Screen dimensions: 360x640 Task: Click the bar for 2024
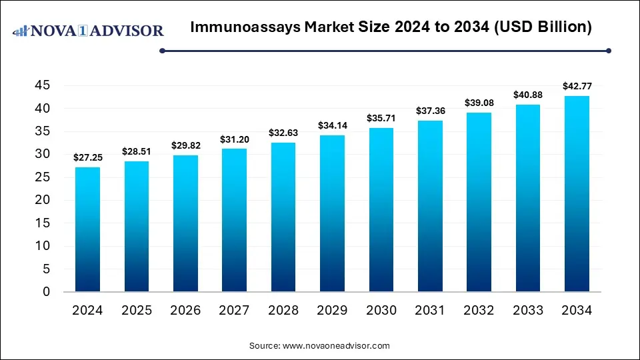[87, 229]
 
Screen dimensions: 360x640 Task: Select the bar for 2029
[332, 213]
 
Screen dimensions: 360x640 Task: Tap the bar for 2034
[577, 194]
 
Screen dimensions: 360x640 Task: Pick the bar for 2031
[430, 206]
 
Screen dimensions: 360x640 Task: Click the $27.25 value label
[87, 157]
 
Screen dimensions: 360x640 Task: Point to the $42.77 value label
[577, 85]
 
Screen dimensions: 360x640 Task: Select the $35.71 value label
[381, 118]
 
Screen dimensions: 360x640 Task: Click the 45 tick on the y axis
[42, 85]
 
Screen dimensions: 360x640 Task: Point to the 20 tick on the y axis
[42, 200]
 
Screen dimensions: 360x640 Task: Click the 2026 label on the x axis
[185, 311]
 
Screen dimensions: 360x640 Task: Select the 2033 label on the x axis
[528, 311]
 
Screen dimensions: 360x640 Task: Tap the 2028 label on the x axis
[283, 311]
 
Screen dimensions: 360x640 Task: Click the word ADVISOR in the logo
[125, 31]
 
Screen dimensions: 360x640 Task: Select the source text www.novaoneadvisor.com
[336, 346]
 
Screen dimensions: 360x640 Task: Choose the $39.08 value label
[479, 103]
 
